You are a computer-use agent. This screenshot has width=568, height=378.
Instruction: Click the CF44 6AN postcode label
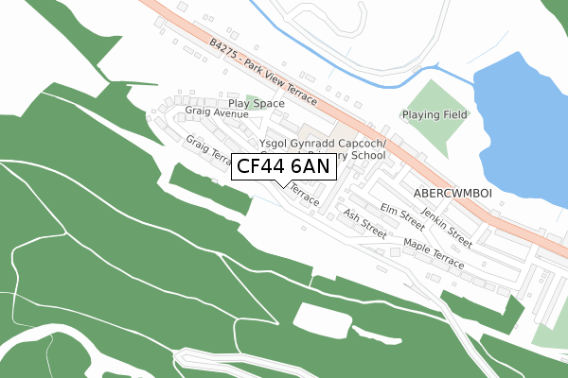pyautogui.click(x=283, y=167)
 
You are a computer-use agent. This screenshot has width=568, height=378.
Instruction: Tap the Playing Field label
pyautogui.click(x=435, y=115)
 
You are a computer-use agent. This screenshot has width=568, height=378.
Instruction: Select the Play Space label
pyautogui.click(x=257, y=102)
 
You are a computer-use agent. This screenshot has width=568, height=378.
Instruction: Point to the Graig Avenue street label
pyautogui.click(x=217, y=112)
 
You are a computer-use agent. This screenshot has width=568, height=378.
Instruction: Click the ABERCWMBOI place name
pyautogui.click(x=453, y=192)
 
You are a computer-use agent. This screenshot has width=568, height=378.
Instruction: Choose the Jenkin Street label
pyautogui.click(x=447, y=224)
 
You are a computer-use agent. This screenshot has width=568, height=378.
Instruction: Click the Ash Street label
pyautogui.click(x=365, y=224)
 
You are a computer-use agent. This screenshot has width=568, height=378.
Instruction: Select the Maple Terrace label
pyautogui.click(x=433, y=252)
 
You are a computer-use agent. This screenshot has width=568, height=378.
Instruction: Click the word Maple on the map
pyautogui.click(x=417, y=246)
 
